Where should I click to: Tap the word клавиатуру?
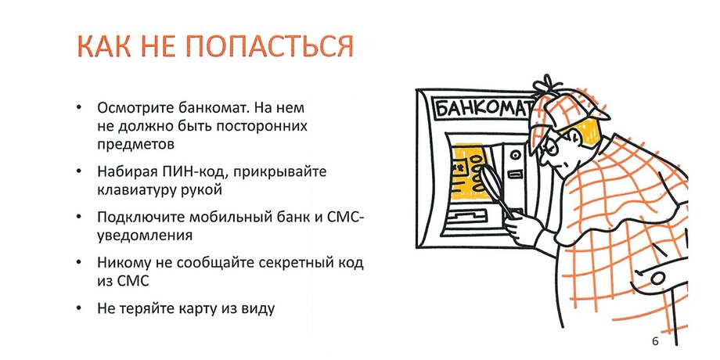pos(133,190)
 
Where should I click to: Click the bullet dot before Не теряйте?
pos(79,308)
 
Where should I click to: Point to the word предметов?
pos(136,144)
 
